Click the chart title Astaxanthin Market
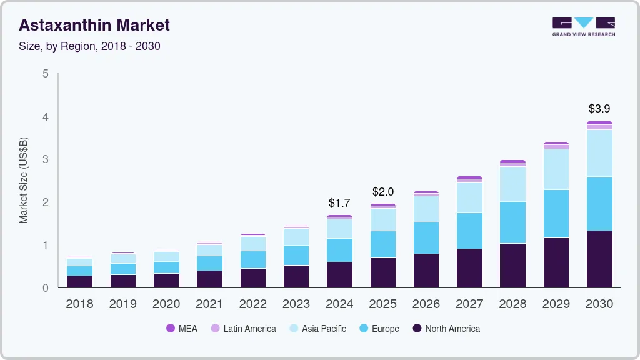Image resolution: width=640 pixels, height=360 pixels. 94,26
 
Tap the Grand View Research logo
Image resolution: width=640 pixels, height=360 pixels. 583,27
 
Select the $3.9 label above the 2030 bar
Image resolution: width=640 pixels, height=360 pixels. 599,108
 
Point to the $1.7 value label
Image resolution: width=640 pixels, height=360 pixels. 339,202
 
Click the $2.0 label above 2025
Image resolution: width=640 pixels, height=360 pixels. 383,191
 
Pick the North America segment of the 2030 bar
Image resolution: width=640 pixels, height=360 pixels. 599,259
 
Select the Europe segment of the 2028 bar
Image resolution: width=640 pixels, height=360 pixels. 512,222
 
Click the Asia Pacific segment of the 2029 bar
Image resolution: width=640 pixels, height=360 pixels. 556,169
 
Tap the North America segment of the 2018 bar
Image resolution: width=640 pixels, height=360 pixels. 80,281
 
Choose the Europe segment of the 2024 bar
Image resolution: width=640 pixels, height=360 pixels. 339,250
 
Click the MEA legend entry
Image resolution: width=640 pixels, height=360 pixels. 182,329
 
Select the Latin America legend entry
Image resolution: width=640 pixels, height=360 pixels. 243,329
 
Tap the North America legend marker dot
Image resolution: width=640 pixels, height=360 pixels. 417,329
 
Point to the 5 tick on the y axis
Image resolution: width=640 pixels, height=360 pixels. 45,74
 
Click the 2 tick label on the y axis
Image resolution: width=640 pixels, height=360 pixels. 45,202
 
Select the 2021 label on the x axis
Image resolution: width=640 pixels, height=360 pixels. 209,304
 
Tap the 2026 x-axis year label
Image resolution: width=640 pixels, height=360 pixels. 426,304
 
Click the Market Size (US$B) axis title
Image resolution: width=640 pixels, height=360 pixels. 24,181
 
